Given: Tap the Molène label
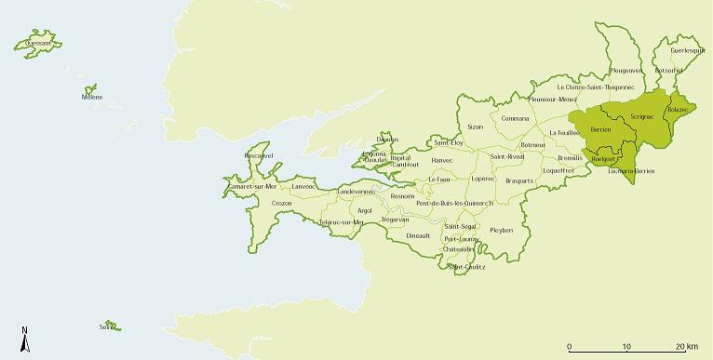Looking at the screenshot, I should (x=92, y=96).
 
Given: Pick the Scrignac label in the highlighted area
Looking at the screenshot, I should (x=643, y=114).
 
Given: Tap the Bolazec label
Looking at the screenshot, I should (x=678, y=111).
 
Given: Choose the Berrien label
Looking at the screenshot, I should (x=600, y=129).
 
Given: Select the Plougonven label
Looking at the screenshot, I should (x=626, y=70).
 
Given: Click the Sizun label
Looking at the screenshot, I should (x=476, y=127).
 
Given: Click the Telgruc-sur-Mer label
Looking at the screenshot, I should (x=341, y=222).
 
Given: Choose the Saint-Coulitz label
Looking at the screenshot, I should (x=466, y=267).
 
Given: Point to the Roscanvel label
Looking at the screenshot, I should (x=257, y=154).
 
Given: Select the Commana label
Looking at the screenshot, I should (x=515, y=118).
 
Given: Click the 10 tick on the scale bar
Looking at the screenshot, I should (x=627, y=346).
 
